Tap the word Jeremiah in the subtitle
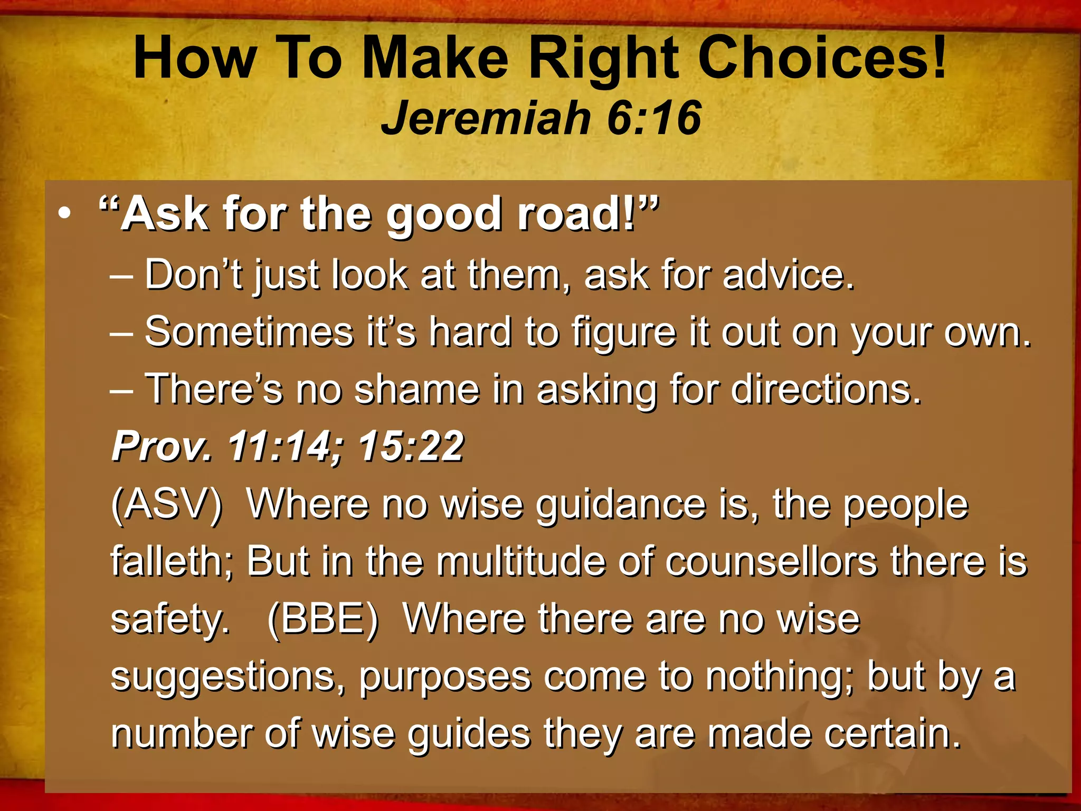tap(486, 118)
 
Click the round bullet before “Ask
tap(64, 214)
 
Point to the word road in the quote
tap(575, 214)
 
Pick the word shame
tap(417, 389)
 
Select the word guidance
tap(621, 505)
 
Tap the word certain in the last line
tap(892, 733)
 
